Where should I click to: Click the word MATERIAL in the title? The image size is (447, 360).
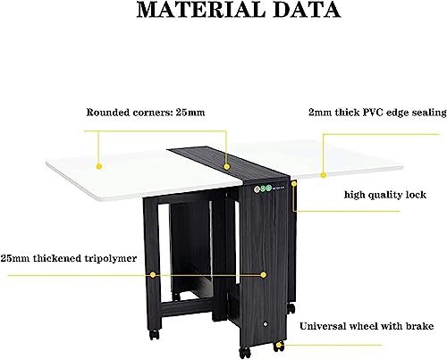click(200, 10)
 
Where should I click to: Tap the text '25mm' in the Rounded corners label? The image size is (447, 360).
click(190, 113)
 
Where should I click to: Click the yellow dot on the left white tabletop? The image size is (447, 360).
click(99, 166)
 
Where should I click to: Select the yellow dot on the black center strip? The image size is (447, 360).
click(227, 166)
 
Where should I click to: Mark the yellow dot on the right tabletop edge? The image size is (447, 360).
click(324, 175)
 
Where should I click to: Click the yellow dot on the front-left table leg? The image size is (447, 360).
click(153, 275)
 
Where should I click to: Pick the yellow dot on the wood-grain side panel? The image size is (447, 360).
click(264, 275)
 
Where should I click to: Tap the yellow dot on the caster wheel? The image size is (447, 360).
click(279, 346)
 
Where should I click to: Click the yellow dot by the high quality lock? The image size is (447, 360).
click(294, 184)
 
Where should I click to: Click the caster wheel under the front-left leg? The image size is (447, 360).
click(155, 334)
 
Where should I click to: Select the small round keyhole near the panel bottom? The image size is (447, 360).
click(265, 324)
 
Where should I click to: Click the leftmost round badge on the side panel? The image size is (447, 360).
click(257, 188)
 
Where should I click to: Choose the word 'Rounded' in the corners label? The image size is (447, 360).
click(107, 113)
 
